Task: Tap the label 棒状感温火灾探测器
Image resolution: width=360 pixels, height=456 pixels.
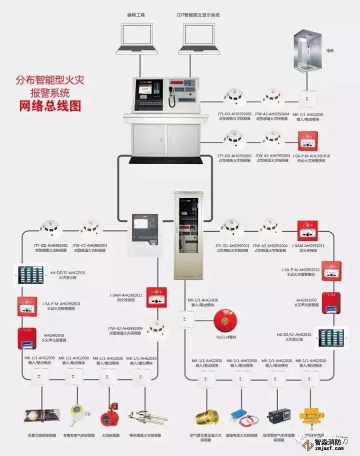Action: [x=145, y=435]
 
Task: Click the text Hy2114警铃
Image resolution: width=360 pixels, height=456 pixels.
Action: [x=225, y=337]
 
